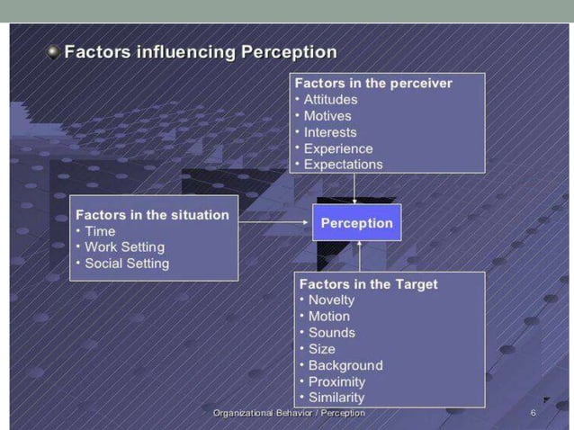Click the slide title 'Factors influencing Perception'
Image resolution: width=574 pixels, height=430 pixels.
click(201, 51)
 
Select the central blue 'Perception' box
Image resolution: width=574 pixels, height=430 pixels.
click(356, 223)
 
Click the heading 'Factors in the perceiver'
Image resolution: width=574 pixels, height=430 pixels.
click(373, 83)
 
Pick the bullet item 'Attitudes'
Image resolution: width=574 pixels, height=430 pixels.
click(330, 99)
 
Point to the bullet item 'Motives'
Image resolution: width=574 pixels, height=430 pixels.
click(327, 115)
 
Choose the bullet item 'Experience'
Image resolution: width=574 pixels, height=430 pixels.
click(337, 148)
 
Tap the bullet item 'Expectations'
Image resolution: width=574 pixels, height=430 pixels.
click(343, 164)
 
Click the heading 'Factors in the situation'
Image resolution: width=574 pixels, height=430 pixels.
click(152, 215)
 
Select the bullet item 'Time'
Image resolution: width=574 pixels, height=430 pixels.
click(100, 231)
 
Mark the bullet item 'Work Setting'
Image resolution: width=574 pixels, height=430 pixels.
click(124, 247)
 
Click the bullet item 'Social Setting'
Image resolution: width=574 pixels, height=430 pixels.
click(127, 264)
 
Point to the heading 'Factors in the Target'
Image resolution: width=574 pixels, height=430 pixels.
click(368, 284)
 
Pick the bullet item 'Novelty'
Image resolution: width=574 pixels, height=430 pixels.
click(331, 300)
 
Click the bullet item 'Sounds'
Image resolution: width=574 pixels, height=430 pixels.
click(331, 333)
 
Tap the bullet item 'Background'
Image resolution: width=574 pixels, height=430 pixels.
click(345, 365)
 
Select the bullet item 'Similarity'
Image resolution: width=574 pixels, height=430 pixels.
click(336, 398)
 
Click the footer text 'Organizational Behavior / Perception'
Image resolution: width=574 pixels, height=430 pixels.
click(289, 413)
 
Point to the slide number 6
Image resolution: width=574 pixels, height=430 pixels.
click(534, 413)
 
